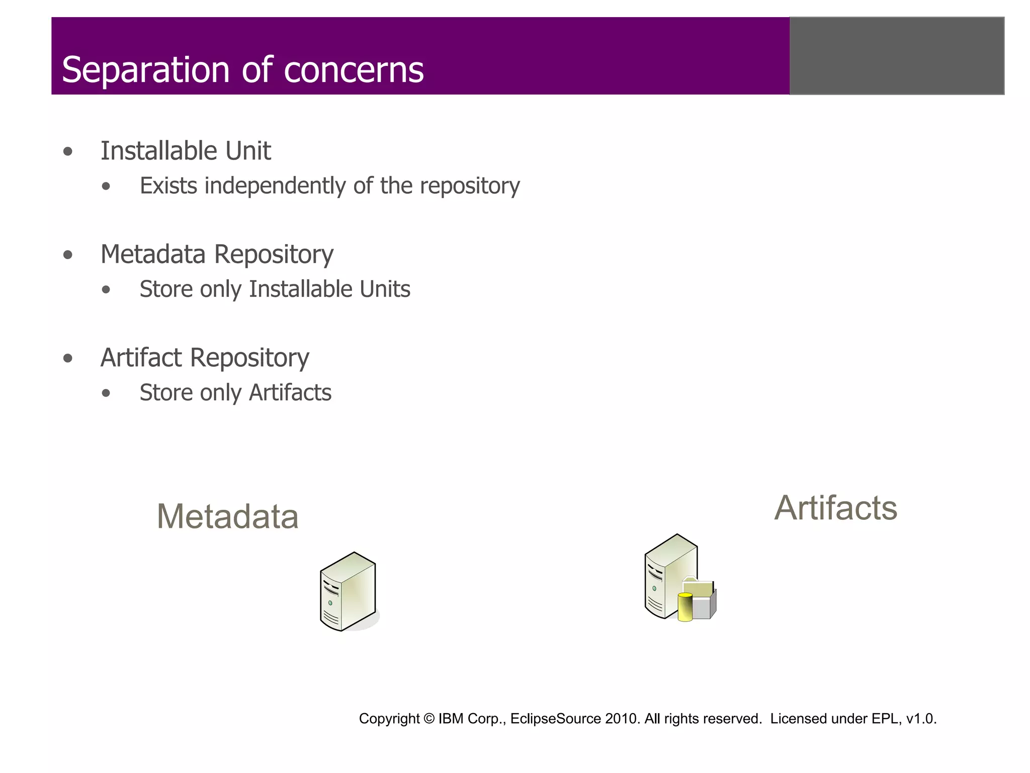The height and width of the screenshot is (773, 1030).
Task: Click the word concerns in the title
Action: coord(354,70)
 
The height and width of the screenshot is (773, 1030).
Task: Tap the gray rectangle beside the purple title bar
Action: coord(897,56)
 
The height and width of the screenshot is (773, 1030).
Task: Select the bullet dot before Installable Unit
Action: coord(68,151)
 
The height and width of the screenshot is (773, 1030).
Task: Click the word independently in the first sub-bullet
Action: coord(276,186)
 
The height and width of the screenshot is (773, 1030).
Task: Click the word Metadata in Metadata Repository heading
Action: coord(153,254)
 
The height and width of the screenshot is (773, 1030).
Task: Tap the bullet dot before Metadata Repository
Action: coord(68,255)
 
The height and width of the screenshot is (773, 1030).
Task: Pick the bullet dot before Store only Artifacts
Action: coord(106,394)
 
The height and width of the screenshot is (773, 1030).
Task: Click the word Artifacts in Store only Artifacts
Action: coord(290,393)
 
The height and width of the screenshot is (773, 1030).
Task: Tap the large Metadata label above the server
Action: coord(227,517)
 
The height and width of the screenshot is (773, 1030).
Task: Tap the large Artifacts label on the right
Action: coord(835,508)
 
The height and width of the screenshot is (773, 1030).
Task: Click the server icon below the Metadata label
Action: coord(348,592)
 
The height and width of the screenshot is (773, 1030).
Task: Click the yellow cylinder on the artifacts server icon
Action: coord(685,607)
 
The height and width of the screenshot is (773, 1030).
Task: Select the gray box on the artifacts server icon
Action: coord(704,606)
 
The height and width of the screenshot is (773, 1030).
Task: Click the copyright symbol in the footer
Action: coord(428,719)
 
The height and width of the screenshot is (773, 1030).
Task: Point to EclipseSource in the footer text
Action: coord(555,719)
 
